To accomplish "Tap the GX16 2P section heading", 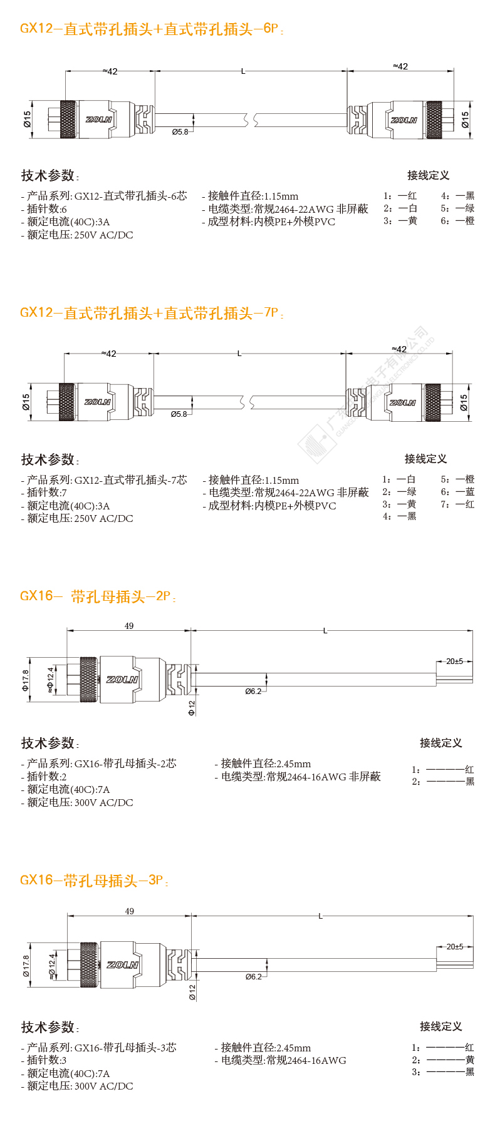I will click(x=98, y=596).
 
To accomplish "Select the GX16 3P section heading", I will click(x=94, y=881).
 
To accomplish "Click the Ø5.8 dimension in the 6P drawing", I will click(x=180, y=132).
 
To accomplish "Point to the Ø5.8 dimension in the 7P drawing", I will click(x=179, y=414).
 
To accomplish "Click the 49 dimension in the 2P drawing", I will click(x=129, y=626).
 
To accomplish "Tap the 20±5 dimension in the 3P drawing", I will click(x=455, y=946).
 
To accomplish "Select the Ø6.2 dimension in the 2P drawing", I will click(x=253, y=692).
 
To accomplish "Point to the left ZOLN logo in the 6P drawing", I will click(x=98, y=119).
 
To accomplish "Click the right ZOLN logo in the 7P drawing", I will click(x=402, y=402).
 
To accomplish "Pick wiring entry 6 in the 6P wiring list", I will click(x=457, y=221).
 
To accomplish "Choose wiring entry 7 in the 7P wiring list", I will click(x=457, y=504).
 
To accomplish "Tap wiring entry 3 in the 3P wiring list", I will click(x=442, y=1072).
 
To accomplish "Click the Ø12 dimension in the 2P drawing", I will click(x=192, y=708).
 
